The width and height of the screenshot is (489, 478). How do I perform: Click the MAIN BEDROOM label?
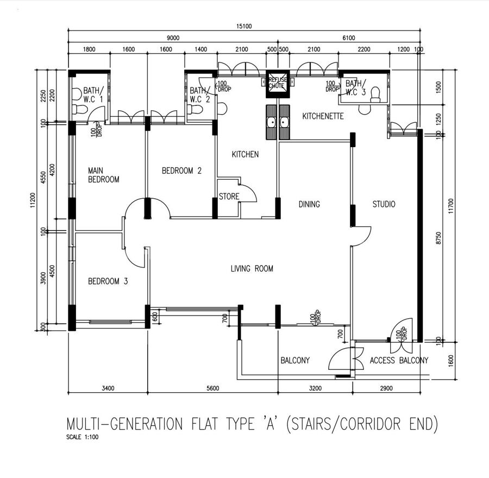tap(104, 175)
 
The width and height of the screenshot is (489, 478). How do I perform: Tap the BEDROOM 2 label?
tap(181, 171)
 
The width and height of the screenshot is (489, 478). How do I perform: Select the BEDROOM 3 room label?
tap(108, 281)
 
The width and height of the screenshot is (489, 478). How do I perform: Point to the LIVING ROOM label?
tap(252, 268)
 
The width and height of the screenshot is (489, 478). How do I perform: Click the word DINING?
tap(309, 204)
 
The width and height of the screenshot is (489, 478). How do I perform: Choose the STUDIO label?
tap(384, 204)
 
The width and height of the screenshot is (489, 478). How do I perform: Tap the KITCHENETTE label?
tap(323, 116)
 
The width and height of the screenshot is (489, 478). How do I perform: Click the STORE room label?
tap(229, 197)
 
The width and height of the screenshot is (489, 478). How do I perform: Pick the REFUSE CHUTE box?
tap(278, 84)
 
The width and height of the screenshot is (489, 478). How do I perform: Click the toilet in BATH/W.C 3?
tap(375, 95)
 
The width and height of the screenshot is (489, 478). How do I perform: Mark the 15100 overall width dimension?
tap(244, 26)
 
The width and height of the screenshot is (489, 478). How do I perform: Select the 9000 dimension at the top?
tap(173, 37)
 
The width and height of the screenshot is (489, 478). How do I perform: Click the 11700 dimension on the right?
tap(450, 206)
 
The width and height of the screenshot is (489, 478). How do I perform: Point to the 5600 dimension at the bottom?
tap(213, 388)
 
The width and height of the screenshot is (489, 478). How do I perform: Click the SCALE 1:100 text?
tap(83, 437)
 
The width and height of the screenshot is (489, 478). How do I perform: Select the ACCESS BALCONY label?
tap(399, 361)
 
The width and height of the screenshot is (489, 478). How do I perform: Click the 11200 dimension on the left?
tap(33, 200)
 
